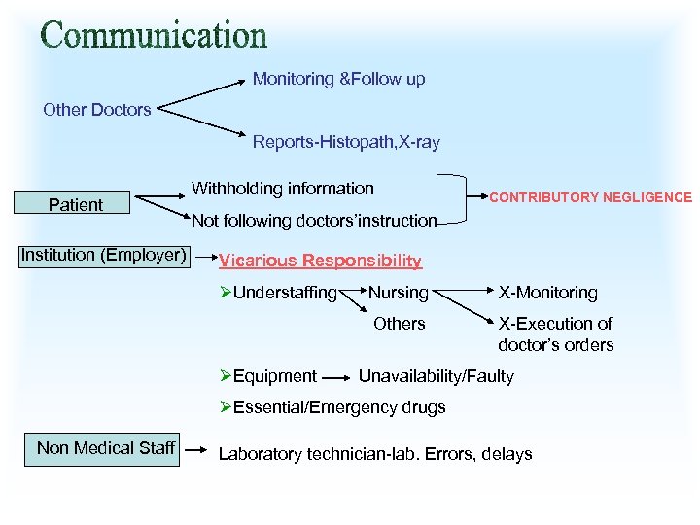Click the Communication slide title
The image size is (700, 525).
(x=154, y=36)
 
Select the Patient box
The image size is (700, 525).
(x=76, y=204)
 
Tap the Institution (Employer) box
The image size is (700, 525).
(x=104, y=255)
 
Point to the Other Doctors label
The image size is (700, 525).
(x=97, y=110)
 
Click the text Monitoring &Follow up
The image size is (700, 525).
(x=338, y=79)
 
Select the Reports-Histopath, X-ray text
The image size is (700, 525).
(x=346, y=142)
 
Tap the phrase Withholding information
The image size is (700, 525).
(x=283, y=189)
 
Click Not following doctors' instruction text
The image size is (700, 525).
(x=314, y=221)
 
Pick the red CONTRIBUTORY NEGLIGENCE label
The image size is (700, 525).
(x=590, y=197)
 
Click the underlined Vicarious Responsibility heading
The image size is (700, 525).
(x=320, y=261)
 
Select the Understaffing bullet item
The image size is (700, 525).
(x=278, y=293)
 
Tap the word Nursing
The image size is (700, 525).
(x=398, y=293)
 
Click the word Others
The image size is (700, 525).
(x=400, y=324)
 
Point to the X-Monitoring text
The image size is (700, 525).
(x=547, y=293)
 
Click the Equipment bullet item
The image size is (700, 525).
(x=268, y=376)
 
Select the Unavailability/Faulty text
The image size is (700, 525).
(x=437, y=376)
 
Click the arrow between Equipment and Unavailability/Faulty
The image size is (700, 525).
(x=336, y=376)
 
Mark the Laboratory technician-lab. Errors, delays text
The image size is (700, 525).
(x=375, y=454)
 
